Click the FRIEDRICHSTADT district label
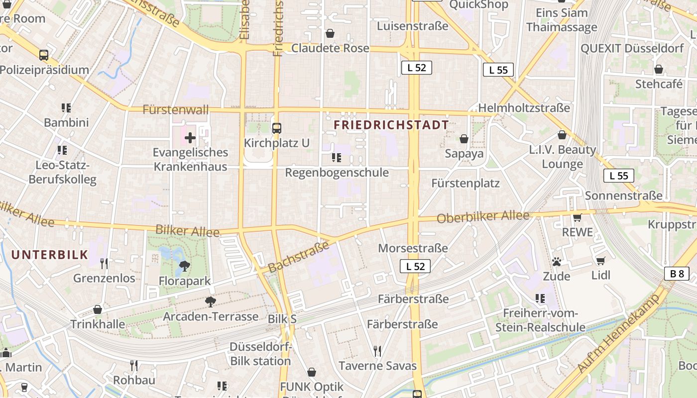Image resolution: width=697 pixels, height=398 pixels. pos(391,125)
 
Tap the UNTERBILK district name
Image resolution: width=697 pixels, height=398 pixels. pos(49,255)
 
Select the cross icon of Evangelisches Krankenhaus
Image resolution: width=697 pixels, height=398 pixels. pos(190,138)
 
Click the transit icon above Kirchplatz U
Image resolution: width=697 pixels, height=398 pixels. pos(277,128)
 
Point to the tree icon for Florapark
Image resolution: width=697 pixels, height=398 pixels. pos(184,266)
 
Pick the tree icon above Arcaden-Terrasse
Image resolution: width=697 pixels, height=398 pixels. pos(211,301)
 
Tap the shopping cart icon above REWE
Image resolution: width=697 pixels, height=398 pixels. pos(578,217)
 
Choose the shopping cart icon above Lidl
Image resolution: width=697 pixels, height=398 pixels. pos(601,261)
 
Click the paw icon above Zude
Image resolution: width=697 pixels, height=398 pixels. pos(556,261)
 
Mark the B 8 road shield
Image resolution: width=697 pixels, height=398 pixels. pos(677,273)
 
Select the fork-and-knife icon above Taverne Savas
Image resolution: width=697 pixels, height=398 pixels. pos(377,351)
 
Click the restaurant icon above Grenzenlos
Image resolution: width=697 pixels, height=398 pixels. pos(104,263)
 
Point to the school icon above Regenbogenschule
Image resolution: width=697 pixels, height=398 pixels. pos(337,158)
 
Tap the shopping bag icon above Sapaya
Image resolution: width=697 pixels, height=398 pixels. pos(464,138)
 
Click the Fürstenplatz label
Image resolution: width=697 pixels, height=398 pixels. pos(465,183)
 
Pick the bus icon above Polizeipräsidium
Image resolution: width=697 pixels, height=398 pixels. pos(44,55)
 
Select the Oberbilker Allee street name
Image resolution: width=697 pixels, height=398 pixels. pos(483,217)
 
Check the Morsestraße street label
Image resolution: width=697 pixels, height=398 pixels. pos(413,248)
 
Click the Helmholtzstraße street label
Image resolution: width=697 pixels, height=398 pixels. pos(524,108)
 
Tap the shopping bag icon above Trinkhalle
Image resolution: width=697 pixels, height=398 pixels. pos(98,309)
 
